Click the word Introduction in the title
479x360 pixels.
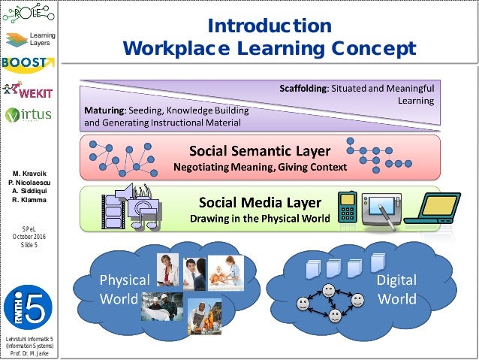(270, 26)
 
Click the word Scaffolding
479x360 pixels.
(303, 89)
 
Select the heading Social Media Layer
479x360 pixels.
(259, 202)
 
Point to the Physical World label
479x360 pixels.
(125, 289)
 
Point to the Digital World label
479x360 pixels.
(396, 289)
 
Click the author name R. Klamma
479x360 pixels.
(27, 199)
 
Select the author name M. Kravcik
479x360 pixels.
(27, 174)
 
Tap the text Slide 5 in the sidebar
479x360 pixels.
(28, 245)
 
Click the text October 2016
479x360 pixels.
(28, 237)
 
